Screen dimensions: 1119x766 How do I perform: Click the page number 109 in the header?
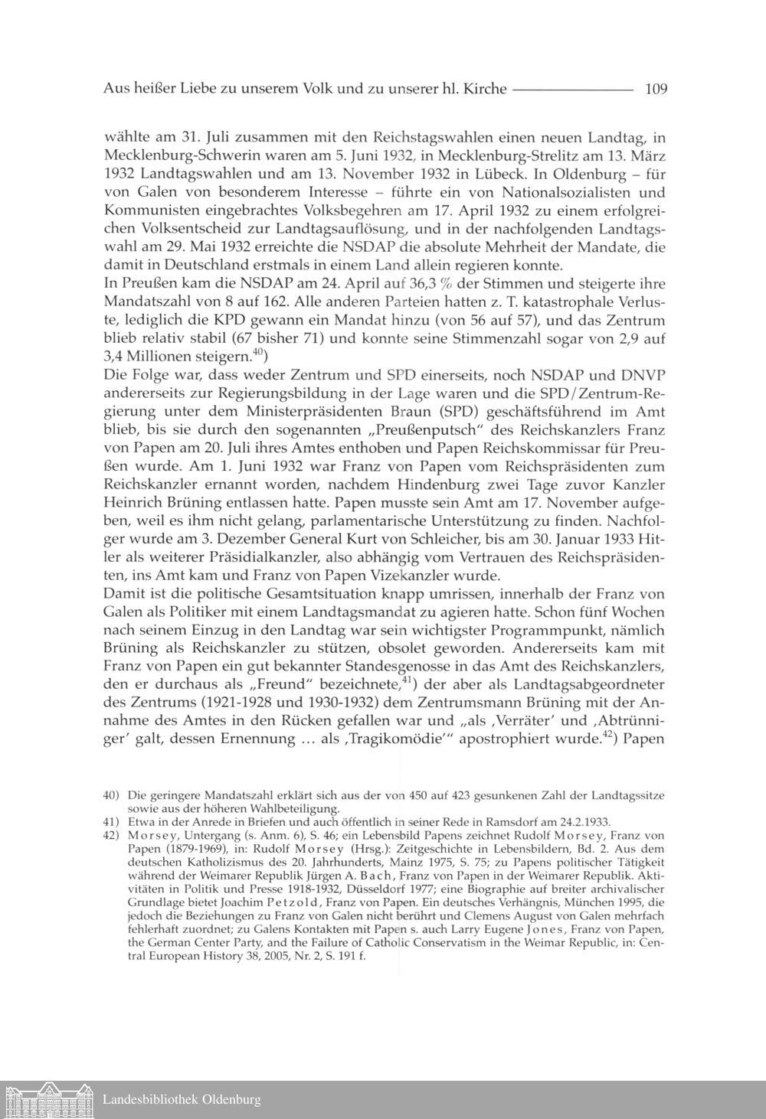656,89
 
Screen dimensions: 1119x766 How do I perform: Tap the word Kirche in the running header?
486,89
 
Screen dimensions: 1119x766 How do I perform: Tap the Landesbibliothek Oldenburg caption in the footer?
182,1101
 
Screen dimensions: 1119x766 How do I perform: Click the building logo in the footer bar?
47,1100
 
